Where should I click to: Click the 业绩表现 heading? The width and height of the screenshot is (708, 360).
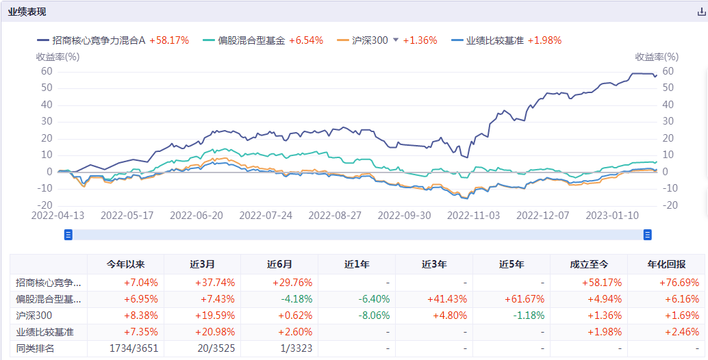(27, 12)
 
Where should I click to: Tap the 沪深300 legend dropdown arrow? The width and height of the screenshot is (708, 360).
(395, 40)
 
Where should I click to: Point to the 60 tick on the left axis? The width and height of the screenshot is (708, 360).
(46, 71)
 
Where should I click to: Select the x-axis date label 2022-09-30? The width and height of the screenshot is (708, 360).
(404, 215)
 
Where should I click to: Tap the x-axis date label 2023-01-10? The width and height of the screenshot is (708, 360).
(612, 215)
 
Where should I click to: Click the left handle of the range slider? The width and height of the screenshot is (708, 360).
(68, 235)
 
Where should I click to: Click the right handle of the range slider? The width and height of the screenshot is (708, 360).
(647, 235)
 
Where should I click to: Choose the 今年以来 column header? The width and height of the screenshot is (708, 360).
(126, 264)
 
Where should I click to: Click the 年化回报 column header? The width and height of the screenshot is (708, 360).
(666, 264)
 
